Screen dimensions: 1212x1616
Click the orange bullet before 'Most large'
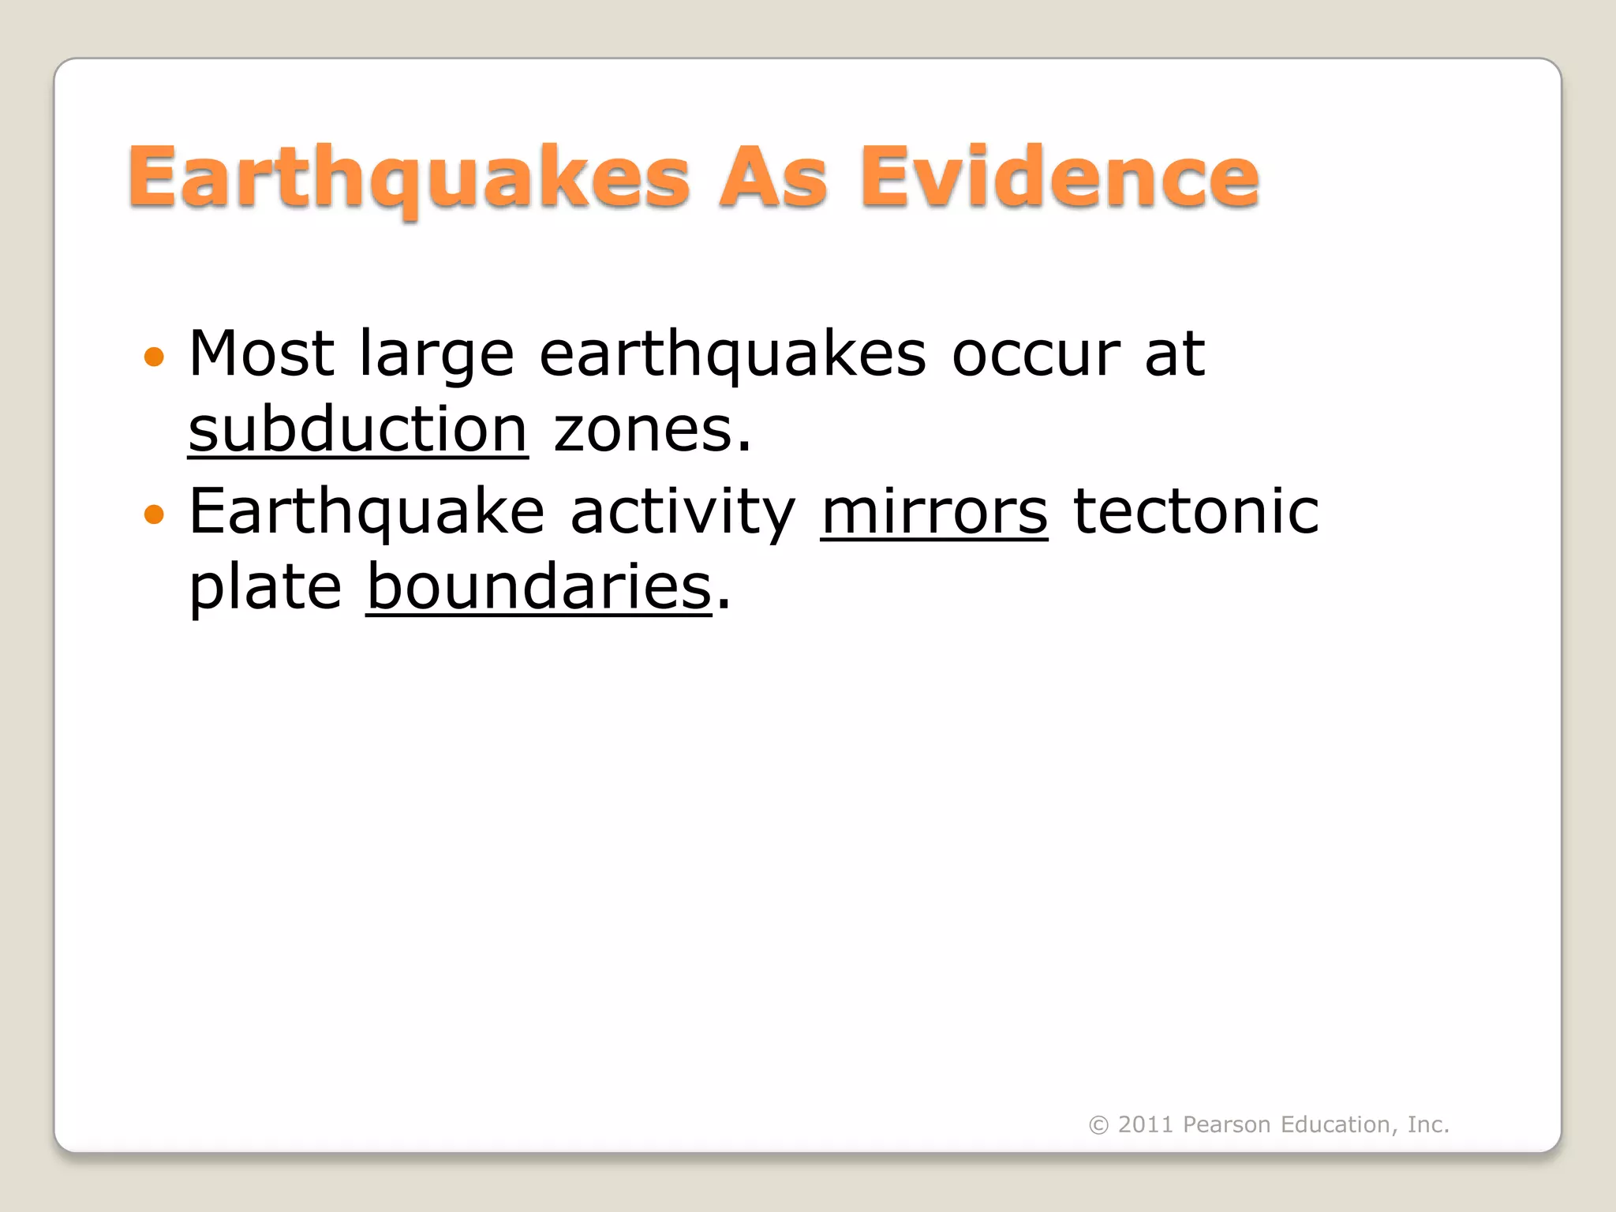155,357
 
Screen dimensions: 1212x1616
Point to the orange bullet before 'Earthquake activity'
155,515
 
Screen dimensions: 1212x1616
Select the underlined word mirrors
934,512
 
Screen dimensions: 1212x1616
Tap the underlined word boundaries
539,587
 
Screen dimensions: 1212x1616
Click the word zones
652,432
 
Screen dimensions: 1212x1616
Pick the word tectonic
1195,512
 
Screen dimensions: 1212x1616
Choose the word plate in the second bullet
265,589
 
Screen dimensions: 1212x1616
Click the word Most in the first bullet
261,353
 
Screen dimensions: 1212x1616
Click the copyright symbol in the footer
1098,1125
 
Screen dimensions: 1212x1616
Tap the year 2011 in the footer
1145,1124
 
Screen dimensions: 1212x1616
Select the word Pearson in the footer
1226,1124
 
